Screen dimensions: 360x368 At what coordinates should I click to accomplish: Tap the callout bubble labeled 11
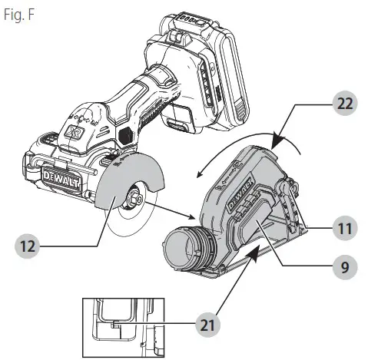pyautogui.click(x=343, y=229)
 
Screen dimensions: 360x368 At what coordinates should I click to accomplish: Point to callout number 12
pyautogui.click(x=28, y=247)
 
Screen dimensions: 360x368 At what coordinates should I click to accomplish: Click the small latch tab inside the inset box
pyautogui.click(x=114, y=325)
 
